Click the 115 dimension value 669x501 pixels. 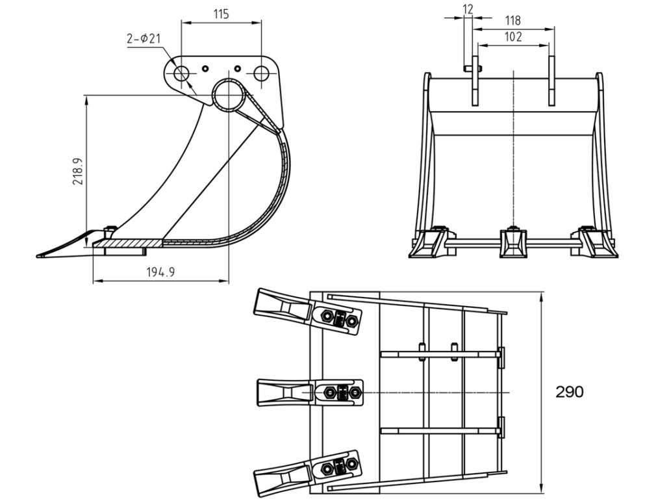221,14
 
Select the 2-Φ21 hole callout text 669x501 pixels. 144,38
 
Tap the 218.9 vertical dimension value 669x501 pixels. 78,171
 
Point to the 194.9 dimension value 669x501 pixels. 161,272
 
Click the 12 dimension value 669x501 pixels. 468,9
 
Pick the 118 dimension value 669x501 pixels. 512,21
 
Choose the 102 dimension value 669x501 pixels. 513,36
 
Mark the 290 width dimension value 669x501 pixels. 570,392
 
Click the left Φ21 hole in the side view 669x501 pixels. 181,74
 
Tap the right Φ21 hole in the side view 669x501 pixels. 261,74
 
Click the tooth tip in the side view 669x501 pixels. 37,256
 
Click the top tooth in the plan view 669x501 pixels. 308,312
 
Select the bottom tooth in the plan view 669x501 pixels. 307,473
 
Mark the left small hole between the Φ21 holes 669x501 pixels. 205,68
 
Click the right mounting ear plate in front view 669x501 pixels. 551,81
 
